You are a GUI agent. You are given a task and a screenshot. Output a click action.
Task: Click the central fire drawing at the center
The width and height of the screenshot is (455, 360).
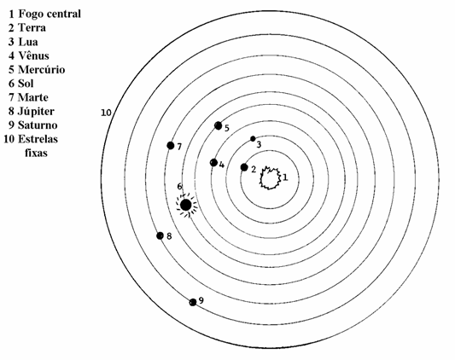270,178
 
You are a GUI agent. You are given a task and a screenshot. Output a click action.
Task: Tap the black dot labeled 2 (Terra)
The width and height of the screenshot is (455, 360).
244,167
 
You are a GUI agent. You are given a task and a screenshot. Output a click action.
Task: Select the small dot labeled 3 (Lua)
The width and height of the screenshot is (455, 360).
253,139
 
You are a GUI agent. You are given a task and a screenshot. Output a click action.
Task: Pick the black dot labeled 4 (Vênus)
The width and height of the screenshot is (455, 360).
214,162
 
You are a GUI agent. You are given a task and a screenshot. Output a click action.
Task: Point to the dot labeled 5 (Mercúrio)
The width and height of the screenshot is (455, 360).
219,125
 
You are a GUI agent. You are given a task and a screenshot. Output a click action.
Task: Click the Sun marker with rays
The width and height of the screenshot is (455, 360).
186,205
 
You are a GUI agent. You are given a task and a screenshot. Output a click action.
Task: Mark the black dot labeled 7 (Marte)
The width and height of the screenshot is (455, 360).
171,146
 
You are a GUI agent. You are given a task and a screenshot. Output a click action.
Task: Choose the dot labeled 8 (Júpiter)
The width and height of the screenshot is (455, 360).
160,235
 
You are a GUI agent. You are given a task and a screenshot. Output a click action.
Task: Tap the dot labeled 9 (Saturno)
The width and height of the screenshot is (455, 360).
193,302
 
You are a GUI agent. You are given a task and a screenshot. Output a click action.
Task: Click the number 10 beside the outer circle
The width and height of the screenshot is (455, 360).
106,113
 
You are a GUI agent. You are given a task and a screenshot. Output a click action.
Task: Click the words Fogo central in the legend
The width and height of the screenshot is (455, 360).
50,14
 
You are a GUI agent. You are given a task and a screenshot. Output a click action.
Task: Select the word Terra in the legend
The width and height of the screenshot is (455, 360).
32,28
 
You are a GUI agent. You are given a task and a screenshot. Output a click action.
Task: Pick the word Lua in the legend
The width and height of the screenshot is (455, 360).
28,42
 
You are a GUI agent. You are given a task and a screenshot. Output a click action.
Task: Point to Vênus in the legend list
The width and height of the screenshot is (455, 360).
33,55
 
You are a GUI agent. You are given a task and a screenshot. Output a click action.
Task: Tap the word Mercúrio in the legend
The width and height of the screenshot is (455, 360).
42,70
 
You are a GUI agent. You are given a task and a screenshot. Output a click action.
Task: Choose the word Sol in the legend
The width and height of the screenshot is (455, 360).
26,84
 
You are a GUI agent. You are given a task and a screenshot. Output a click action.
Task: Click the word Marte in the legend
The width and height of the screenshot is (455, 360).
33,97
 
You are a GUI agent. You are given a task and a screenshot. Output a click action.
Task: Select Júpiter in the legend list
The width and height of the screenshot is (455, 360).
36,112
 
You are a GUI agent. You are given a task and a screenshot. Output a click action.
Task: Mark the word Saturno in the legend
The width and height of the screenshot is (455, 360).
38,125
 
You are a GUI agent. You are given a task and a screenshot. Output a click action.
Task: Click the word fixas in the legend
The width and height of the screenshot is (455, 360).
36,153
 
